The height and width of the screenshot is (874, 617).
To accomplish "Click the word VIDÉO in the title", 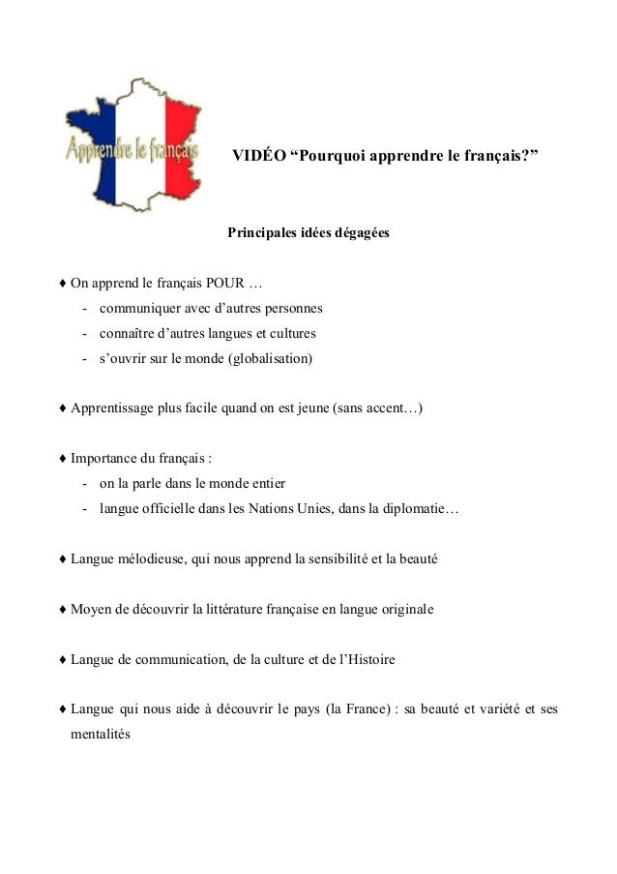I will [x=254, y=156].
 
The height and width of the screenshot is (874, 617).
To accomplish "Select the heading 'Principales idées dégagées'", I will [x=308, y=233].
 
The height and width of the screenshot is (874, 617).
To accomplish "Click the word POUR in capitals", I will [x=225, y=285].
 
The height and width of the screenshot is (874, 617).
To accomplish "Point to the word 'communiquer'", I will [x=138, y=309].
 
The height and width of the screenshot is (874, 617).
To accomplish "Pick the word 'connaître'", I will [x=126, y=333].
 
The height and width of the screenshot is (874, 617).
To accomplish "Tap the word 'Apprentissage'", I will [x=112, y=408].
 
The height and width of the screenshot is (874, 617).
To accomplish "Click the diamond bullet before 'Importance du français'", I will [x=63, y=459].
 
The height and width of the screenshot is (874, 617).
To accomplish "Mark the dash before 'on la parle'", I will [x=86, y=484].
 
